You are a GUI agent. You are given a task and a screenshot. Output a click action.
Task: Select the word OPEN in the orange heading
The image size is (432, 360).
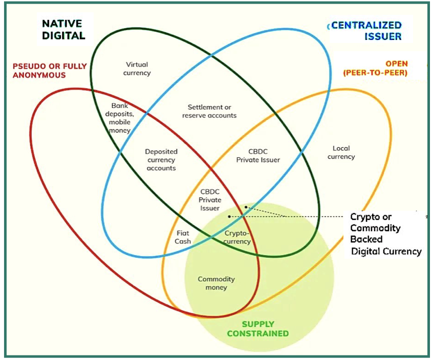[397, 64]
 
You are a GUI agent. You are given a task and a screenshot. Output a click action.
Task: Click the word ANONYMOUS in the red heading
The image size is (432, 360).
[40, 75]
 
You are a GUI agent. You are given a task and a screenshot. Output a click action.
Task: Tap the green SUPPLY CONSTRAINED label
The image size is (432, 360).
[265, 329]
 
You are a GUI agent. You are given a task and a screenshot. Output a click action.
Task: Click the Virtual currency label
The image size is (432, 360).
[137, 69]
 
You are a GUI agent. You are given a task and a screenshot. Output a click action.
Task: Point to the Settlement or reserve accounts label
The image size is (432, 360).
[209, 111]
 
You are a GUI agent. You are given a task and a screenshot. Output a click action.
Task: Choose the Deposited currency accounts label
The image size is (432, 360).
[161, 160]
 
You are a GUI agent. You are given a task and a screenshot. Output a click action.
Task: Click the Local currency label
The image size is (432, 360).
[341, 152]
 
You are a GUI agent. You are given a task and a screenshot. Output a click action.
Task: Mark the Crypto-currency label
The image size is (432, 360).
[238, 237]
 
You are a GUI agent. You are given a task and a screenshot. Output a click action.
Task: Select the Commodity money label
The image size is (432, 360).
[216, 283]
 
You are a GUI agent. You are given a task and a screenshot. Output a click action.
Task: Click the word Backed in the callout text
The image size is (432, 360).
[366, 239]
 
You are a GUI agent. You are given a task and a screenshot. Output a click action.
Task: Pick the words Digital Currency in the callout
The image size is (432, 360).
[386, 251]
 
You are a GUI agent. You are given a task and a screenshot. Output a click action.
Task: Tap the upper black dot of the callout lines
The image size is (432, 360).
[246, 207]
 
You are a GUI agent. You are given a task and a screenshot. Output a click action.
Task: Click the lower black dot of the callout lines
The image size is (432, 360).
[229, 217]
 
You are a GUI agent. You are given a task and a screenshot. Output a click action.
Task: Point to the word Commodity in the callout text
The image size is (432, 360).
[375, 228]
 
